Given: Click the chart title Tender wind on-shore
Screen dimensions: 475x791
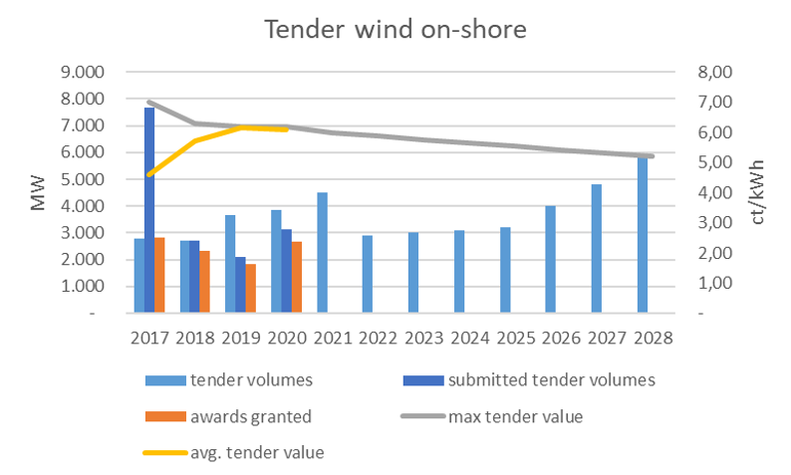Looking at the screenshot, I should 395,31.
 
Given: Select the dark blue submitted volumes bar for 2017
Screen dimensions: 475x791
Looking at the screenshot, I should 148,210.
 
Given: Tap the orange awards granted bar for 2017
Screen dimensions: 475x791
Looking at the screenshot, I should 159,275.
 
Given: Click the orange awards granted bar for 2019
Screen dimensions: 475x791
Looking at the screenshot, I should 250,288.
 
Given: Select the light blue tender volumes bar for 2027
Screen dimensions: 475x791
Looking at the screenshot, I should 597,248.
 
